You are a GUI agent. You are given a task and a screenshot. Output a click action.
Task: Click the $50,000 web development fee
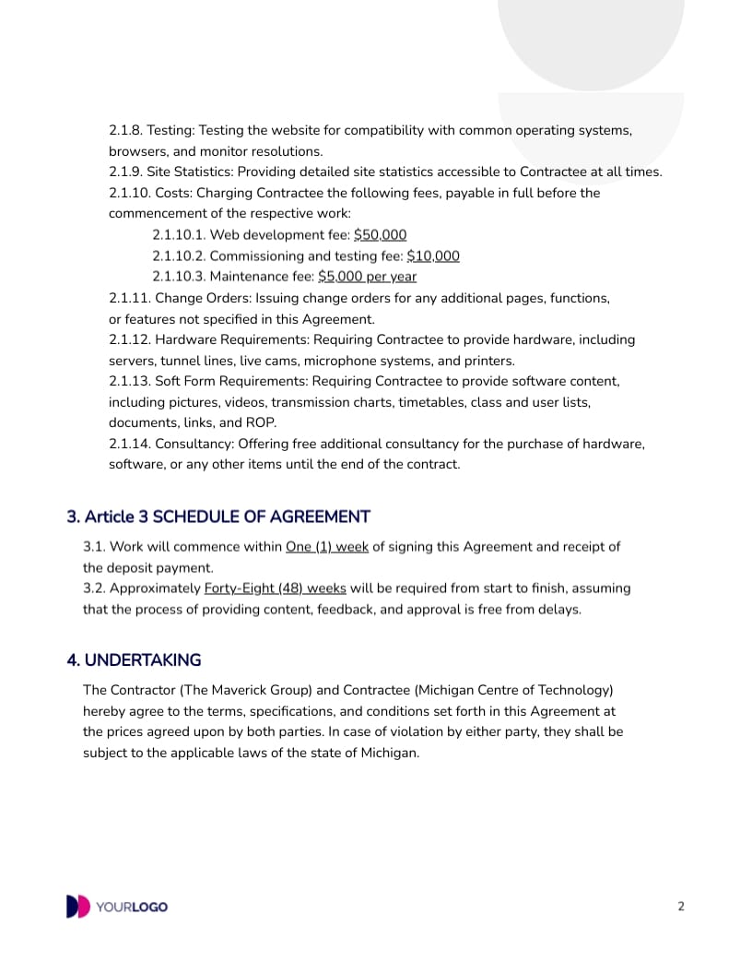(380, 235)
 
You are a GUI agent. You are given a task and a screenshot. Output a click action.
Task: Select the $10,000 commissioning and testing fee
(433, 256)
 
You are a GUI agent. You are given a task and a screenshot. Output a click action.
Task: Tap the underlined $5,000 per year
(367, 277)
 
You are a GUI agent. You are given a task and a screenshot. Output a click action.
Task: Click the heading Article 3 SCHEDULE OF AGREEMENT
(218, 517)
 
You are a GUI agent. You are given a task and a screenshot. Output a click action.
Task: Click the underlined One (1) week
(327, 547)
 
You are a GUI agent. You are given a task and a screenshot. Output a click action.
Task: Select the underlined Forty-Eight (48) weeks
(275, 588)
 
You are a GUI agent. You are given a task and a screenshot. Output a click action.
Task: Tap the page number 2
(681, 907)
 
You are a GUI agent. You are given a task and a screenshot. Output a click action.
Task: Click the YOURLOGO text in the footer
(132, 908)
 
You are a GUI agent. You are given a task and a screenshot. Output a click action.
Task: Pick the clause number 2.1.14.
(129, 445)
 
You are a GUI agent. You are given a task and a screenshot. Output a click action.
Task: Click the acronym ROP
(261, 423)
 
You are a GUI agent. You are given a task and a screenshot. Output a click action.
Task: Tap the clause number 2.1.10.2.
(182, 256)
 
